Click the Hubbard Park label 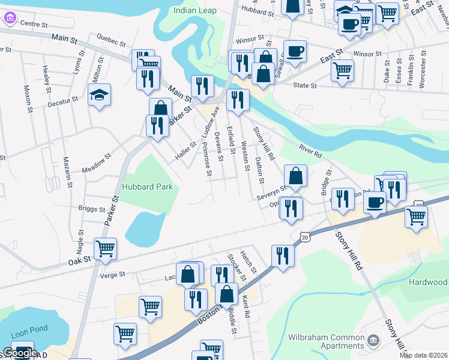click(x=148, y=187)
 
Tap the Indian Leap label click(x=194, y=10)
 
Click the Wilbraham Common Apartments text click(x=326, y=341)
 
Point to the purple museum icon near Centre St click(x=10, y=18)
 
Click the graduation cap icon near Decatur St click(x=99, y=95)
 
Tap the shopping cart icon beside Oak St click(x=105, y=247)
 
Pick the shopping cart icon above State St click(x=342, y=69)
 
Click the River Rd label click(x=311, y=149)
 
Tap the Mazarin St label click(x=67, y=172)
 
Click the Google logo click(x=20, y=353)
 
